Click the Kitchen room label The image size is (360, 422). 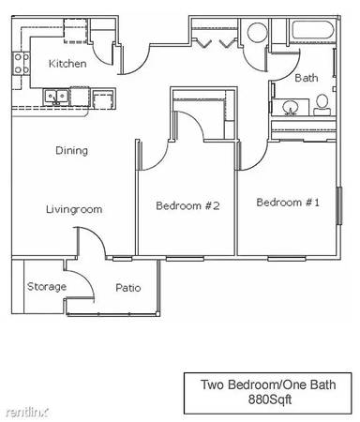67,64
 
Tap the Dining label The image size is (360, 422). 71,150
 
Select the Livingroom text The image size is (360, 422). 74,209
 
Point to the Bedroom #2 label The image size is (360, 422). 187,205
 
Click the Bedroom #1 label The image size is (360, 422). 288,203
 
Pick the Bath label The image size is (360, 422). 307,78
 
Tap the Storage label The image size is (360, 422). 47,287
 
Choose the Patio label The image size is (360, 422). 128,288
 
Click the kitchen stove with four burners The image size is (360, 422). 22,64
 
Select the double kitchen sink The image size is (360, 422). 56,98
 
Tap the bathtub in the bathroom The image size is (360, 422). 312,30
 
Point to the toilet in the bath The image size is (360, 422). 322,105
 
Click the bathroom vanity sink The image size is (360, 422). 291,108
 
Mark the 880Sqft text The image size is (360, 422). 270,399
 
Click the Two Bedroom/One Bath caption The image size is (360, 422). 268,384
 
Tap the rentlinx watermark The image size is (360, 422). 27,413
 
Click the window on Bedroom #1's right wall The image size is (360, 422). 339,205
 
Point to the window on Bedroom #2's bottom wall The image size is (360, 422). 185,259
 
